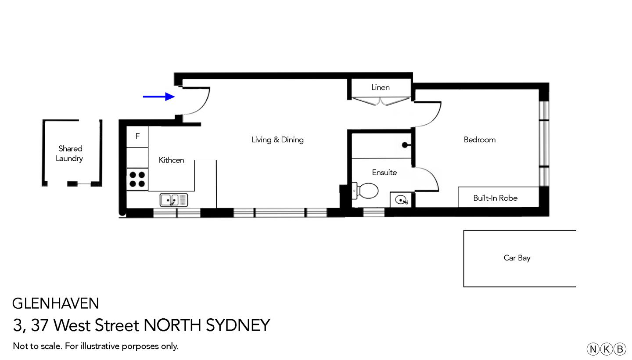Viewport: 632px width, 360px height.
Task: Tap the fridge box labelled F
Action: coord(137,137)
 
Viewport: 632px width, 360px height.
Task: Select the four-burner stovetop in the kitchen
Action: coord(137,179)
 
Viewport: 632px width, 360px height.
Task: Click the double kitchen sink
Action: coord(174,200)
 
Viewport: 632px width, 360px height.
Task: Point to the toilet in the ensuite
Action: coord(367,191)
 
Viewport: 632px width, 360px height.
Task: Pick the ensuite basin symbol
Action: coord(401,200)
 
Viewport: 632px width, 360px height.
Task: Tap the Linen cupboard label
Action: coord(380,87)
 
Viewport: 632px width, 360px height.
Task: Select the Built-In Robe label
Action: coord(495,198)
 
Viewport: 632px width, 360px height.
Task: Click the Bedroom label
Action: coord(479,140)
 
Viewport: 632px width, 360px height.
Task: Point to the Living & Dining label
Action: coord(277,140)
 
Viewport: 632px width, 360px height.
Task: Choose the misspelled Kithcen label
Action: coord(171,160)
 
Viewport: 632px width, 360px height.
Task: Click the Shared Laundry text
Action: coord(70,154)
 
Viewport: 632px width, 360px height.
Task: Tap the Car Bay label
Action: coord(517,258)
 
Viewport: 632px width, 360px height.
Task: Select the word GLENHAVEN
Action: coord(56,303)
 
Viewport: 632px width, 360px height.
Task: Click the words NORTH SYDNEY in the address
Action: coord(207,325)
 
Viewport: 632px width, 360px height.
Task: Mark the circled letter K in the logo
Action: coord(606,349)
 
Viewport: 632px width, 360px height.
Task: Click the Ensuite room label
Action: coord(384,173)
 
